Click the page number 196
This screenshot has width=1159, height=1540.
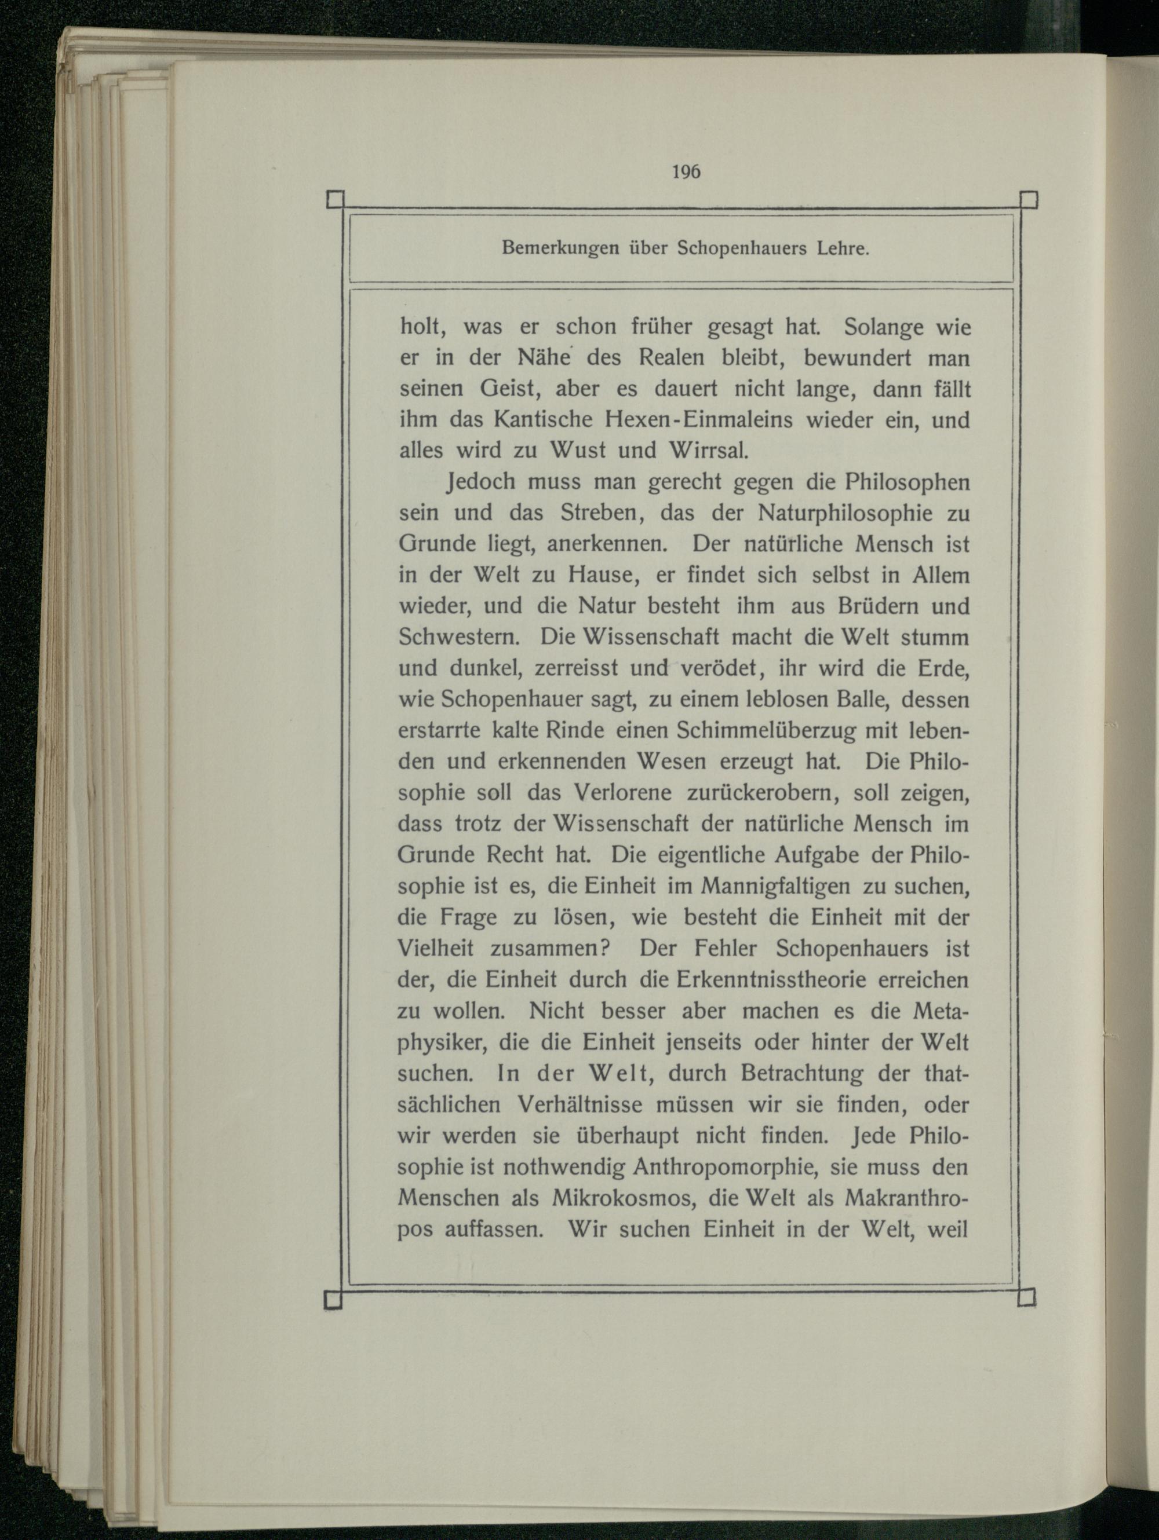(686, 172)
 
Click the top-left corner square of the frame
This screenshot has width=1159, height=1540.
(335, 200)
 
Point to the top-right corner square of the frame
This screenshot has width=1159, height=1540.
(1029, 200)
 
